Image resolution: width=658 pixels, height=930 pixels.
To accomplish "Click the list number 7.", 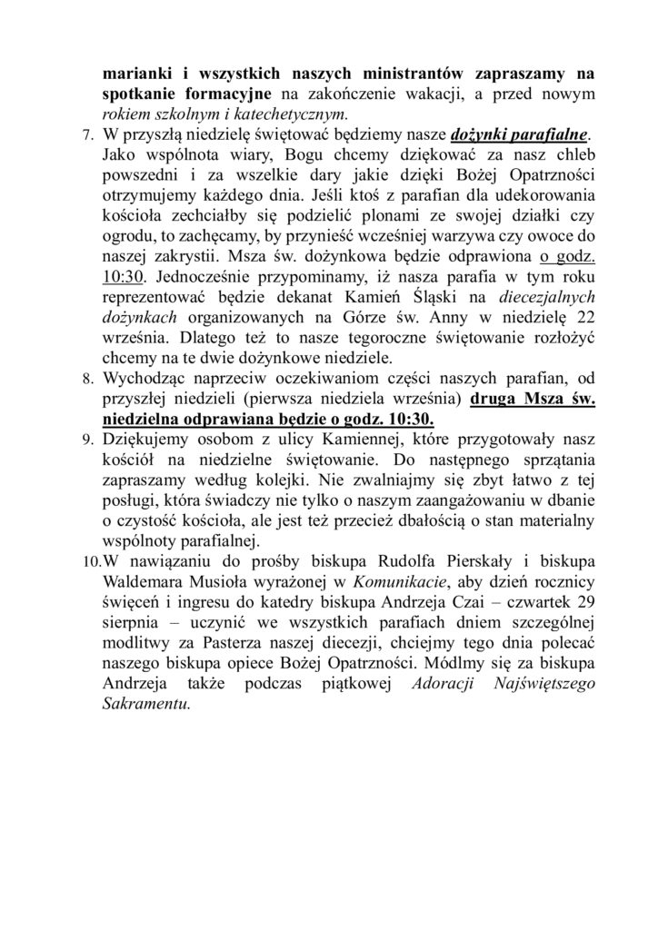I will pos(87,135).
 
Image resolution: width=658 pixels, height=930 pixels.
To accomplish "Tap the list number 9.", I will pos(87,439).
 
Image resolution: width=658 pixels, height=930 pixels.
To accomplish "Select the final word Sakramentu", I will pos(146,702).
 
